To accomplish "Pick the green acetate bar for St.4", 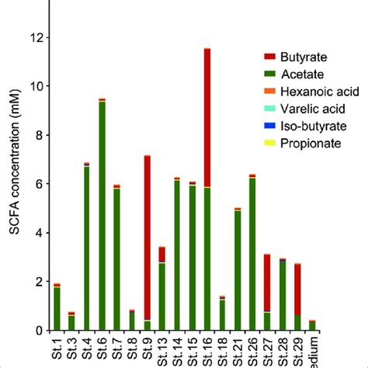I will coord(87,248).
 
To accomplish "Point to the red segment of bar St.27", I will coord(266,283).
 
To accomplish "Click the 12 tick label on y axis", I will coord(32,37).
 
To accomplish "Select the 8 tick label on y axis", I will coord(35,135).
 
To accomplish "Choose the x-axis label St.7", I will coord(117,349).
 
